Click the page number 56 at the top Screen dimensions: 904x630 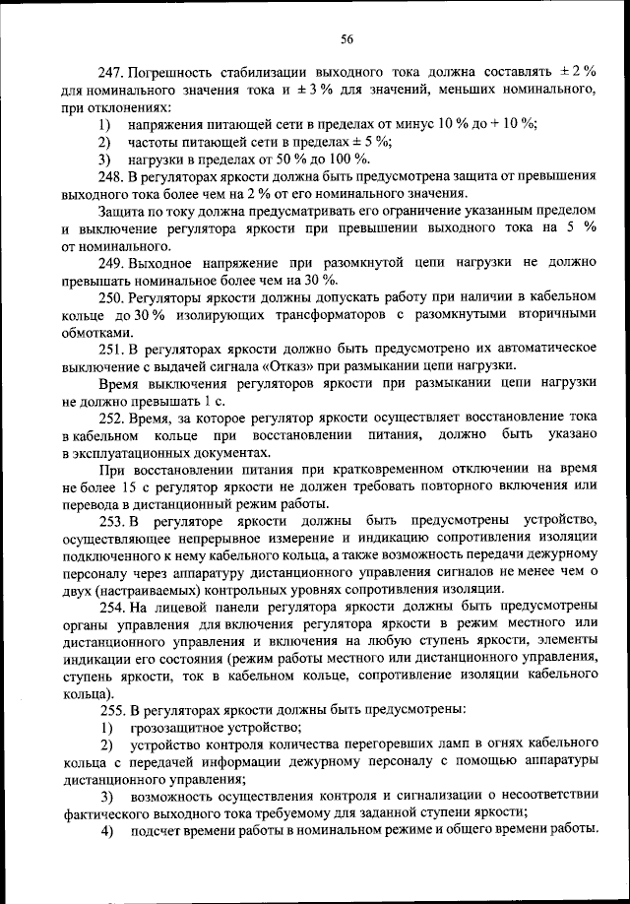[x=346, y=39]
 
